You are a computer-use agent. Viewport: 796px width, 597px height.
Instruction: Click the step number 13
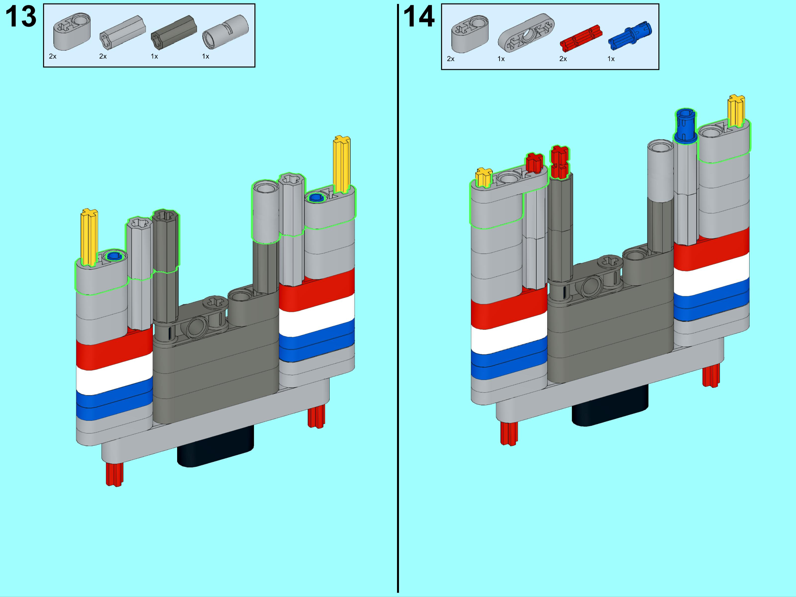21,17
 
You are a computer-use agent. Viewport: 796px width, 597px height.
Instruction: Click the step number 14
419,17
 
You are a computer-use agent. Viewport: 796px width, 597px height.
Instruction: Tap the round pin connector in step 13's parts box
225,32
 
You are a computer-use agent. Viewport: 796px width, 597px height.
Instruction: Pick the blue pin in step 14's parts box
630,34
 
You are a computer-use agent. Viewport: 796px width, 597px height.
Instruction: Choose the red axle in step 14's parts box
581,37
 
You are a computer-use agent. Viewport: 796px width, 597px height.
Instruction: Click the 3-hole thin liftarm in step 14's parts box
526,33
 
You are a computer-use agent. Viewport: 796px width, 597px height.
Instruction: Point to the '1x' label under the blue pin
611,59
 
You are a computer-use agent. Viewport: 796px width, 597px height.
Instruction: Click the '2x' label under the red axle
563,59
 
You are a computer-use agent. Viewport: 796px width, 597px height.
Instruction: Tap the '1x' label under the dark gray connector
154,56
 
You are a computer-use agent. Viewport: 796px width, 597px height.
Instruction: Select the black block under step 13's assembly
215,446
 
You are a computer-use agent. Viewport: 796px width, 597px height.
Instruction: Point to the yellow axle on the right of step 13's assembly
341,164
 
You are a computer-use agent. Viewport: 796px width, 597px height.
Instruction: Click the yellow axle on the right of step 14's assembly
736,110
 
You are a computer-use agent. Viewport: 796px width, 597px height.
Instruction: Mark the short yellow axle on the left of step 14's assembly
483,177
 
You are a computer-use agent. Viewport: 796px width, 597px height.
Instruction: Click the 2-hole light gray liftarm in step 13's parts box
72,32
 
